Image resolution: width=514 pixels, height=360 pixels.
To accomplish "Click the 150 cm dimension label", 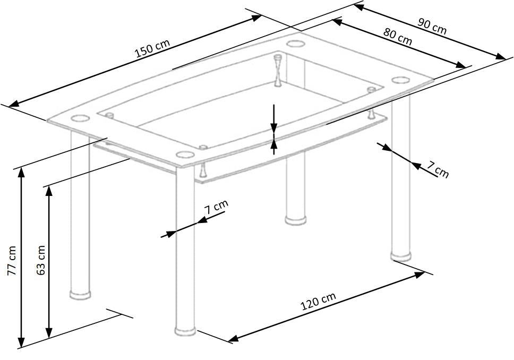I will pyautogui.click(x=152, y=49).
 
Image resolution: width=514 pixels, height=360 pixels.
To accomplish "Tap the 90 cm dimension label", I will pyautogui.click(x=432, y=27).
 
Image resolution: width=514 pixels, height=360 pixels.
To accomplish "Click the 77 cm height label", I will pyautogui.click(x=12, y=260).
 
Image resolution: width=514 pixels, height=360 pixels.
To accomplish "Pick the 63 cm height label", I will pyautogui.click(x=41, y=260).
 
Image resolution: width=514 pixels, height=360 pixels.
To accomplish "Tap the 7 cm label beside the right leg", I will pyautogui.click(x=438, y=172).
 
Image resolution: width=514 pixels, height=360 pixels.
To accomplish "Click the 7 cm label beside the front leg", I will pyautogui.click(x=217, y=206).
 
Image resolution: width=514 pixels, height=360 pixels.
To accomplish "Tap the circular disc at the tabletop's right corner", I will pyautogui.click(x=399, y=80).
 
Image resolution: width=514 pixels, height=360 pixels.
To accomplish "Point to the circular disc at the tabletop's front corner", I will pyautogui.click(x=185, y=155).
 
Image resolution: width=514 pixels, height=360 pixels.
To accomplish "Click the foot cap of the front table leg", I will pyautogui.click(x=185, y=331).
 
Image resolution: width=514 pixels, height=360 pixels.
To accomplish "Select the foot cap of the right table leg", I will pyautogui.click(x=401, y=256).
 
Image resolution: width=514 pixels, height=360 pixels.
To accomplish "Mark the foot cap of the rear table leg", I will pyautogui.click(x=295, y=219).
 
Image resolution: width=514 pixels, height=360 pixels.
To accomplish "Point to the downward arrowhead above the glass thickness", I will pyautogui.click(x=273, y=128).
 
